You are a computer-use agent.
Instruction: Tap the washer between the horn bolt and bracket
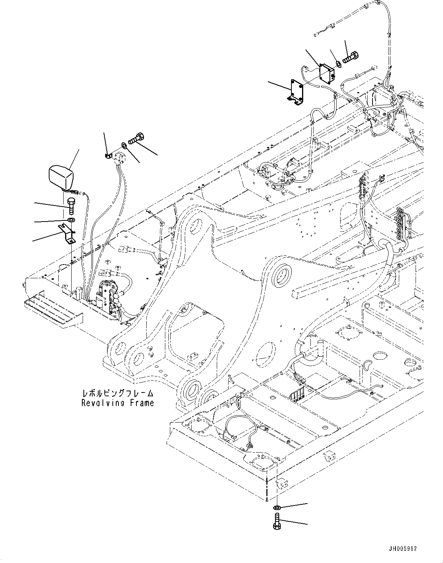pos(70,220)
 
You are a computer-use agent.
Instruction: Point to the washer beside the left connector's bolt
pos(124,145)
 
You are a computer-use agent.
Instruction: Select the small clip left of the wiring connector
pos(107,155)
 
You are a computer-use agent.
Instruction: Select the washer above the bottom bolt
pos(277,507)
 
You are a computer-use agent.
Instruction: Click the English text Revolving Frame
pos(117,403)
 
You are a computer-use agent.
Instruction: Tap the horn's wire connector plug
pos(78,193)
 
